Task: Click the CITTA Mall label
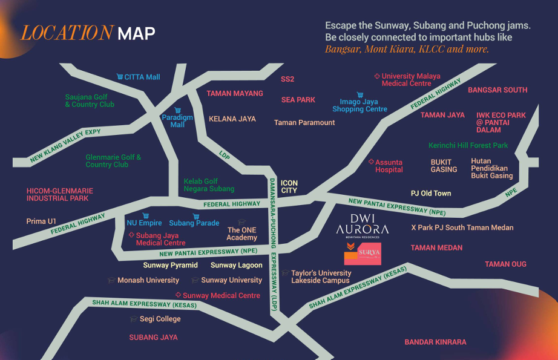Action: (x=142, y=77)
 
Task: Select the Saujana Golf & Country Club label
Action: (x=90, y=100)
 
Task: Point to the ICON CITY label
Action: (x=289, y=186)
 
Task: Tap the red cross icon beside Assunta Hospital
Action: (x=371, y=162)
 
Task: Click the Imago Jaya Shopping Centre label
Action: (x=359, y=105)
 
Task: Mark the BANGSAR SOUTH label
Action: (x=497, y=90)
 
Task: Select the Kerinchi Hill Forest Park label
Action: (x=468, y=146)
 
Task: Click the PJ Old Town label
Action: (x=431, y=194)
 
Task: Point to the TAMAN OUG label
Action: (x=505, y=264)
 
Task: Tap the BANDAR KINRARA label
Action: (x=435, y=342)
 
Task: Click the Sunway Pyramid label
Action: (x=170, y=266)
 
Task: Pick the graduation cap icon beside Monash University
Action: (x=111, y=280)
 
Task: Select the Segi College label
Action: (x=160, y=319)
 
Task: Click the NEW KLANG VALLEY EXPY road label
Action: (x=65, y=146)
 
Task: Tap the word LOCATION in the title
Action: (x=67, y=33)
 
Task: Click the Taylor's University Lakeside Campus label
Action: (x=321, y=277)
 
